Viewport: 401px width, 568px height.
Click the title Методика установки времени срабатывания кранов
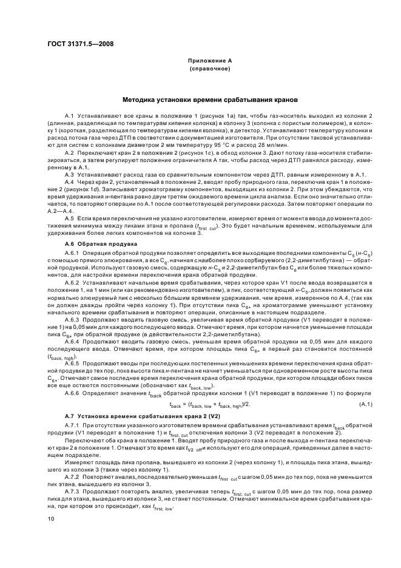coord(209,98)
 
